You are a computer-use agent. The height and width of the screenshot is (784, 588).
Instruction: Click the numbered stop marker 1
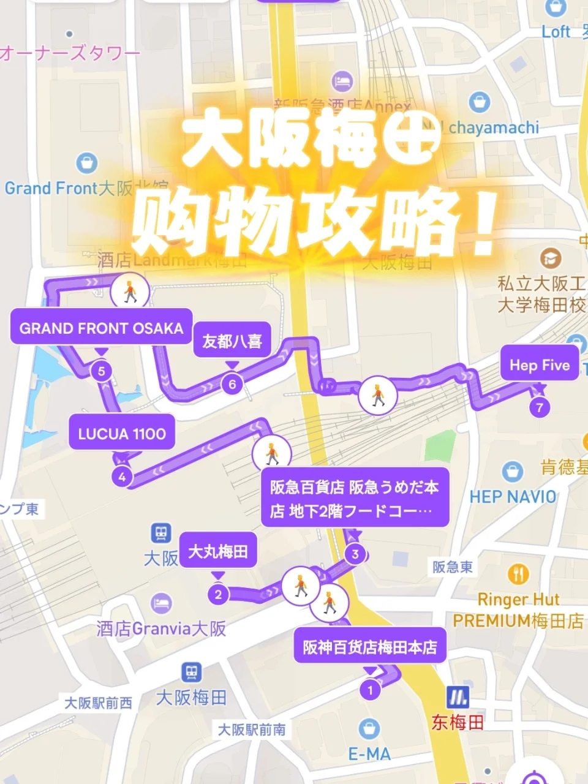click(x=370, y=690)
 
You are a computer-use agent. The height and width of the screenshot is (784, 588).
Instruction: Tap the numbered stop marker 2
click(x=218, y=594)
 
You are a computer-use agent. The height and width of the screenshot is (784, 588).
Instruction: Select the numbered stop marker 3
click(x=355, y=554)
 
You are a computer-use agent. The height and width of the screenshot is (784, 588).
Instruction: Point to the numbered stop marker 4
click(x=123, y=477)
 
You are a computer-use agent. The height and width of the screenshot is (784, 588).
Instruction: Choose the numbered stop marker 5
click(x=102, y=371)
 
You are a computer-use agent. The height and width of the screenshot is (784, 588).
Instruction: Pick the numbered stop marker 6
click(x=232, y=384)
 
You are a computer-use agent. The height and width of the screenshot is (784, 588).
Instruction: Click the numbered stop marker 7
click(x=540, y=407)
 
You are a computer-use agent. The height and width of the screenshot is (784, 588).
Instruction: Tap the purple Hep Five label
click(x=540, y=365)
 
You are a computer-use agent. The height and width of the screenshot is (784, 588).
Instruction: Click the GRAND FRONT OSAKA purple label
click(x=101, y=328)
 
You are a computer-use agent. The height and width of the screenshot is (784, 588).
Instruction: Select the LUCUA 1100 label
click(x=122, y=434)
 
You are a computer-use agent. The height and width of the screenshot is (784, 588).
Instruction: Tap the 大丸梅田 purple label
click(x=217, y=551)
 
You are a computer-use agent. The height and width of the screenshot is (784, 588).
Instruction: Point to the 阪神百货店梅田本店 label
click(x=370, y=647)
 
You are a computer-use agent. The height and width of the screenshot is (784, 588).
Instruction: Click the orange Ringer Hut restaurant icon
click(x=518, y=575)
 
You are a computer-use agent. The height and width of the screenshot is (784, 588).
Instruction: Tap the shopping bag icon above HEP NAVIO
click(x=512, y=472)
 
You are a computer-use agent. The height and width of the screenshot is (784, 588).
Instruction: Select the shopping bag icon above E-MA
click(x=369, y=728)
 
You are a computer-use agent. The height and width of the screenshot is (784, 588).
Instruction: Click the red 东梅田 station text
click(x=458, y=723)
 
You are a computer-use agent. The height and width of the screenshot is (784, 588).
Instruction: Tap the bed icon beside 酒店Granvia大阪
click(x=161, y=603)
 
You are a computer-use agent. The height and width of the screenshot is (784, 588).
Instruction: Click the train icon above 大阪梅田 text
click(x=192, y=673)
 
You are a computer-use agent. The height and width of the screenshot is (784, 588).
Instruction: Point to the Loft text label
click(x=556, y=32)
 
